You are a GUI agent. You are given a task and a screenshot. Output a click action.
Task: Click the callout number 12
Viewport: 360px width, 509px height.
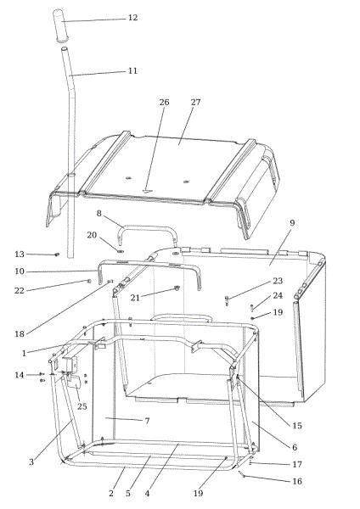coord(133,18)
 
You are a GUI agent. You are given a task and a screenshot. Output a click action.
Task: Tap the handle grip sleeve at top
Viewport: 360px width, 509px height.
coord(61,25)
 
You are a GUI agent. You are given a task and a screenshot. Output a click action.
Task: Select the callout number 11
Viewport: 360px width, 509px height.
coord(132,70)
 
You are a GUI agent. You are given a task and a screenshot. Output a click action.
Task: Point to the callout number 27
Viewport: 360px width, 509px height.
coord(195,103)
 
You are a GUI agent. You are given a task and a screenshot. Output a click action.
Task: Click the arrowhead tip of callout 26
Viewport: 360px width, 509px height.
coord(146,193)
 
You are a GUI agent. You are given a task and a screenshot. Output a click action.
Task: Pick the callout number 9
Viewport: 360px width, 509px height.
coord(292,223)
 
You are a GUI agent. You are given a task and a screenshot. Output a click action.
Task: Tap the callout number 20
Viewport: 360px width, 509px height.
coord(92,235)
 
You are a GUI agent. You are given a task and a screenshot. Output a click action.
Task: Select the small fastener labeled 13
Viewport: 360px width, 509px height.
coord(57,255)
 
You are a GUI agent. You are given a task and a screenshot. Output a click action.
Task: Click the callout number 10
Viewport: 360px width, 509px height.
coord(20,271)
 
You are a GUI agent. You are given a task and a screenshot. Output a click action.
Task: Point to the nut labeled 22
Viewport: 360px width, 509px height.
coord(88,281)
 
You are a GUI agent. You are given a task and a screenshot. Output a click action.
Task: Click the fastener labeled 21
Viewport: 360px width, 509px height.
coord(177,288)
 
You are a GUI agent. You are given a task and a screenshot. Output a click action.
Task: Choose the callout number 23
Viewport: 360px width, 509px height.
coord(278,281)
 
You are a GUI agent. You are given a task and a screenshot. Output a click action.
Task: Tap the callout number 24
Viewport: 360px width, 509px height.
coord(278,296)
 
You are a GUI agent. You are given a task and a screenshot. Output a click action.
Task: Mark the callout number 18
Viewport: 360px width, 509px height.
coord(20,334)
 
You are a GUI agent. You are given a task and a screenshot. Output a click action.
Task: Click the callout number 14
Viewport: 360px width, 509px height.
coord(20,375)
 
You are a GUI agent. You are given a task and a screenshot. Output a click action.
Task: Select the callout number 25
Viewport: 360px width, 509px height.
coord(82,406)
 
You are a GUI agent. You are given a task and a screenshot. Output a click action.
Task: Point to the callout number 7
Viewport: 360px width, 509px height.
coord(147,421)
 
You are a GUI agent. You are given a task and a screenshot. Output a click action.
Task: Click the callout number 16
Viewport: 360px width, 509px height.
coord(297,481)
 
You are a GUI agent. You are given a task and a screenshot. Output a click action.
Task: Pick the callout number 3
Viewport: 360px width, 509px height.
coord(31,462)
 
